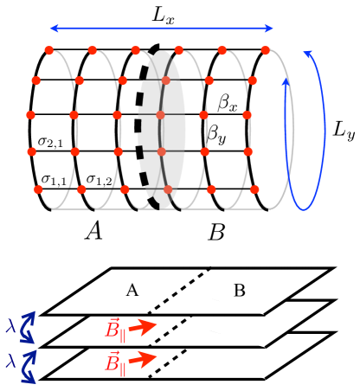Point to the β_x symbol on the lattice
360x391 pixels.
coord(228,105)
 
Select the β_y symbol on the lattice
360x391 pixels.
coord(214,134)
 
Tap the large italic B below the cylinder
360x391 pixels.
coord(217,231)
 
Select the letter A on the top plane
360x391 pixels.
coord(132,290)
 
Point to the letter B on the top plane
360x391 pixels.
coord(239,290)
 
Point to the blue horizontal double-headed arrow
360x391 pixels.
coord(164,29)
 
